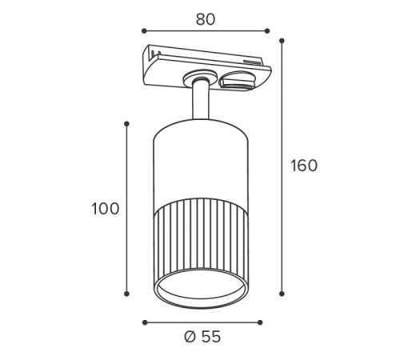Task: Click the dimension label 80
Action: (206, 19)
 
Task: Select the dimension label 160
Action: (304, 166)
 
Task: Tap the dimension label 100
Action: (106, 209)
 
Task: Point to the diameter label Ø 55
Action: (202, 337)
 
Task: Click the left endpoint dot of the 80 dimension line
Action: (144, 31)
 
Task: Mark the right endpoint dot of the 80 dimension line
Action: (267, 31)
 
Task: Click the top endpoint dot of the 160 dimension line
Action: (282, 41)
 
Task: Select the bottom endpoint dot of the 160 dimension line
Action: (282, 294)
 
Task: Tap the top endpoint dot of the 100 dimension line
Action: (126, 124)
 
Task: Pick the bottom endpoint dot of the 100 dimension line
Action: (126, 294)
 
